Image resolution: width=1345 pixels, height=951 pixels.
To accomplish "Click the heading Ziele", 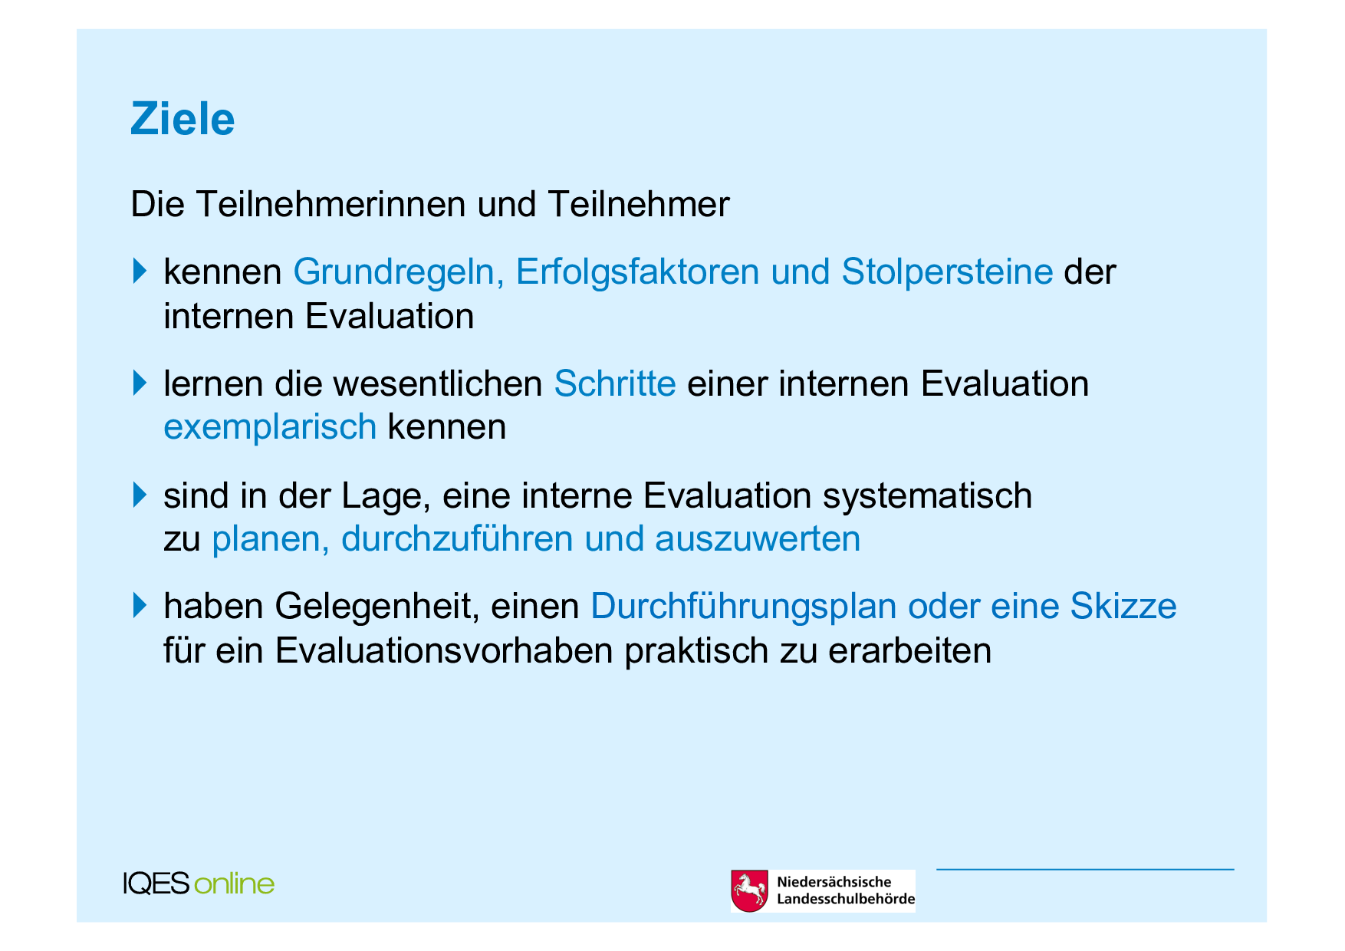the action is [183, 119].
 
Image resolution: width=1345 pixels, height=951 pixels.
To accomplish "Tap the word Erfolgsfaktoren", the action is [637, 271].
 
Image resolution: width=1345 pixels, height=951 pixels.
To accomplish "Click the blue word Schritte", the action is [615, 383].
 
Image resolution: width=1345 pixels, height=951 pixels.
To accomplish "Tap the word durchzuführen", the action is [457, 538].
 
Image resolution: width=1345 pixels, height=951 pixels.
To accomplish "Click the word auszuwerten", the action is [758, 539].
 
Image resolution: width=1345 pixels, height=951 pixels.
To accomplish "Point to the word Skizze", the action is [1123, 606].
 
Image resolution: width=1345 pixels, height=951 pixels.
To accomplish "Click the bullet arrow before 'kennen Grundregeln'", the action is [139, 271].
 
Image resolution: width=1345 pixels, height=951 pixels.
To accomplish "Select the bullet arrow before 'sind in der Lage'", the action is [139, 495].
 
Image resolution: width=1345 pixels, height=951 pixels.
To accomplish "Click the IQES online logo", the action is [199, 884].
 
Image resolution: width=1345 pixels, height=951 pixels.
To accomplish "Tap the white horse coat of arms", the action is [749, 890].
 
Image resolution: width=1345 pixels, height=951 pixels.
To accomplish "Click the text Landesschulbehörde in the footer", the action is [846, 899].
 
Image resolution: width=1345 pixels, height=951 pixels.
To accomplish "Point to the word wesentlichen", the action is [438, 383].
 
